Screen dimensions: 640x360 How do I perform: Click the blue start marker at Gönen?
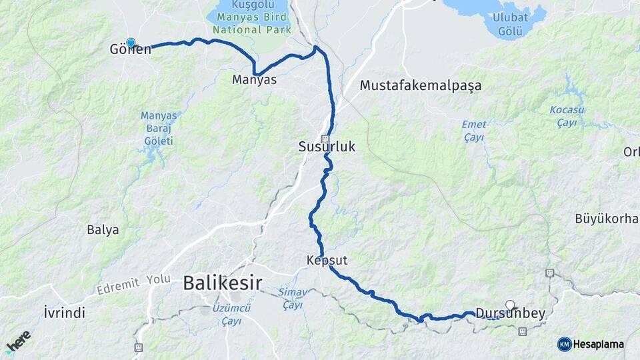pyautogui.click(x=131, y=43)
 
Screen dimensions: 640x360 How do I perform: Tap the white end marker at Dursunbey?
pyautogui.click(x=510, y=305)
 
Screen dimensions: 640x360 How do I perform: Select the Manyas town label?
pyautogui.click(x=254, y=80)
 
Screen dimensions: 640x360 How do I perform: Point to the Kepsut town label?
pyautogui.click(x=327, y=259)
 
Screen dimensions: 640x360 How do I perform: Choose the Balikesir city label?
pyautogui.click(x=223, y=283)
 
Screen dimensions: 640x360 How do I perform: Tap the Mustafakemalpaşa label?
pyautogui.click(x=420, y=85)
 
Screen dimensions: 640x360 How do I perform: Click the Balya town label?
pyautogui.click(x=103, y=230)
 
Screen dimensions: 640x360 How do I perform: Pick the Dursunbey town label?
pyautogui.click(x=510, y=314)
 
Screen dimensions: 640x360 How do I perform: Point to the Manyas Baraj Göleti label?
pyautogui.click(x=158, y=128)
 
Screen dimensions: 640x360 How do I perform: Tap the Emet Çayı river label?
pyautogui.click(x=474, y=131)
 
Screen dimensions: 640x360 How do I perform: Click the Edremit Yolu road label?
pyautogui.click(x=133, y=285)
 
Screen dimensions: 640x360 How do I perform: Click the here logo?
pyautogui.click(x=18, y=341)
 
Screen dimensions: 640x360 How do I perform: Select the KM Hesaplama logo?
pyautogui.click(x=591, y=344)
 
